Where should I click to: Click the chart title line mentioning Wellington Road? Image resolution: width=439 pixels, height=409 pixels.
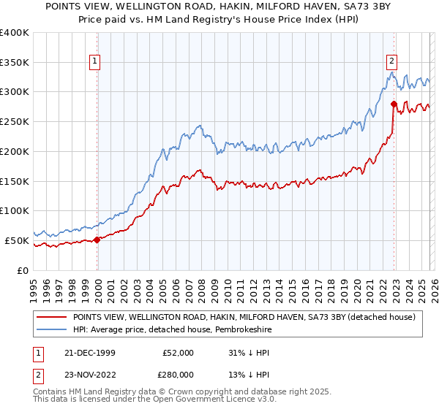pyautogui.click(x=219, y=7)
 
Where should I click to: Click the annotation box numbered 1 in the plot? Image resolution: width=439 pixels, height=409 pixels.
pyautogui.click(x=95, y=61)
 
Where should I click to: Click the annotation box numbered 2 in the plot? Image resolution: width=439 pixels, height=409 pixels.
pyautogui.click(x=392, y=61)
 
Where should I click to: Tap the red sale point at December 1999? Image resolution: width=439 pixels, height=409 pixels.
pyautogui.click(x=98, y=240)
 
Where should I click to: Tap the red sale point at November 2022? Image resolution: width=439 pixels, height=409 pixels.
pyautogui.click(x=394, y=104)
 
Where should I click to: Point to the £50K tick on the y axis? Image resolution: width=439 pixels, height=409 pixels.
pyautogui.click(x=17, y=240)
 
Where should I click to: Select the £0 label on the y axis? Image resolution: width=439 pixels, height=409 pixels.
pyautogui.click(x=23, y=270)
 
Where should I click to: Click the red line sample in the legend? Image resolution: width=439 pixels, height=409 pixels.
pyautogui.click(x=52, y=317)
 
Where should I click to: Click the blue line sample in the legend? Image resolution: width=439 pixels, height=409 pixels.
pyautogui.click(x=52, y=329)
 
